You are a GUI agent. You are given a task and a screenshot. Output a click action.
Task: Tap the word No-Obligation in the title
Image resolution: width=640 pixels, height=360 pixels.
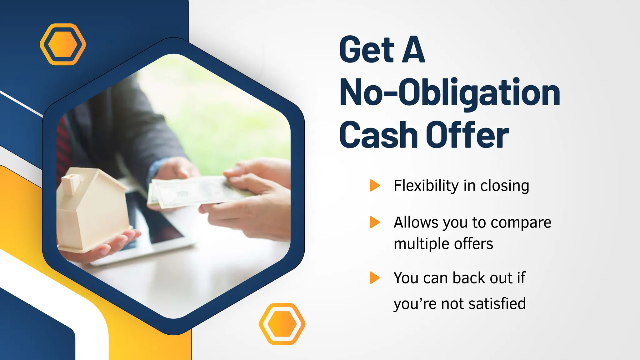point(450,92)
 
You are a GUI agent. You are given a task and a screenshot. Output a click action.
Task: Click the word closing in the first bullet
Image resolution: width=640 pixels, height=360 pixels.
point(504,186)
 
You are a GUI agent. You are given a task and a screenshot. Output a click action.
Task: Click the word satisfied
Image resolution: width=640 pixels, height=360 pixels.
point(497,303)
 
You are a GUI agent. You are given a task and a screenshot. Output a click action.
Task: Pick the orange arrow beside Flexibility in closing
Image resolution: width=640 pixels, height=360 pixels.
point(374,185)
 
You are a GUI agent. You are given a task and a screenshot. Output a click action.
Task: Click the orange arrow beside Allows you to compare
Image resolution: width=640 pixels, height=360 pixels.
point(374,222)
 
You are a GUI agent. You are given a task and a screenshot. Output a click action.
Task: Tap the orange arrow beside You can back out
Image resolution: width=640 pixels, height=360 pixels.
point(374,277)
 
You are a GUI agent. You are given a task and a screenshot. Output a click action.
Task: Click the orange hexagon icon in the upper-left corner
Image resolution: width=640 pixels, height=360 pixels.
point(63,44)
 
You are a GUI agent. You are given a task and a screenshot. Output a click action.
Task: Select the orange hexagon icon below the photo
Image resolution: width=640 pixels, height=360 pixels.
point(282,324)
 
